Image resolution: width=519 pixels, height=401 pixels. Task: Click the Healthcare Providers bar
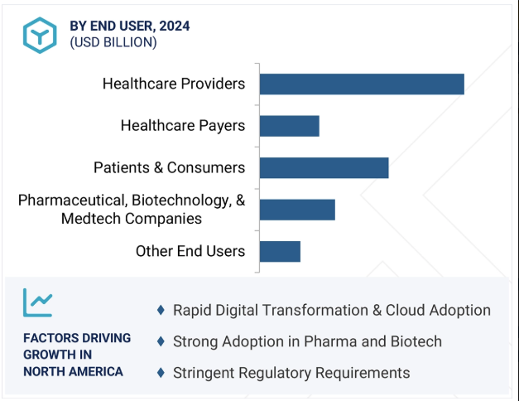coord(362,84)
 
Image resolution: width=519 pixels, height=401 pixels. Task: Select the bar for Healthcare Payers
coord(289,126)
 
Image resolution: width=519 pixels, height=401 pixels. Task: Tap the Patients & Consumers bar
coord(324,167)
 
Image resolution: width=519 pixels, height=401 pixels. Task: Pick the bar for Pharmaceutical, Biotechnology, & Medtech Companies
coord(297,210)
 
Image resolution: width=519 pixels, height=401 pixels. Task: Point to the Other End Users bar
coord(280,251)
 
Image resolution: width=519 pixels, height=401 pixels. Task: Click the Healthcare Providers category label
coord(174,84)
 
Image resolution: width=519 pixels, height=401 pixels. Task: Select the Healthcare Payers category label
coord(183,126)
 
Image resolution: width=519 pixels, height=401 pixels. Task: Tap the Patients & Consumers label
coord(170,167)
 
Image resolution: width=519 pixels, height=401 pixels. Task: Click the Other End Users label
coord(190,251)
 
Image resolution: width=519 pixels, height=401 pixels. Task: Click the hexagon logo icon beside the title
coord(39,33)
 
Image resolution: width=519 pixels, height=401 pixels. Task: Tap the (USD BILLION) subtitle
coord(113,42)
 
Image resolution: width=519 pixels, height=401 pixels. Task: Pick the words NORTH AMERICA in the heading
coord(73,371)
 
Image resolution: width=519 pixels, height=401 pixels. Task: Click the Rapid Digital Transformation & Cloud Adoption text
coord(332,310)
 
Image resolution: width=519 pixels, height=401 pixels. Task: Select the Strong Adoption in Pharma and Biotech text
coord(307,341)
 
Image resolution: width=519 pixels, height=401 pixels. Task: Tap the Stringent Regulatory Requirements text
coord(291,373)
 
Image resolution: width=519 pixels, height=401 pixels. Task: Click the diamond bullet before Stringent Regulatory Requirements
coord(161,373)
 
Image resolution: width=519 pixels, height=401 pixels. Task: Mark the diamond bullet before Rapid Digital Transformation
coord(161,310)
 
